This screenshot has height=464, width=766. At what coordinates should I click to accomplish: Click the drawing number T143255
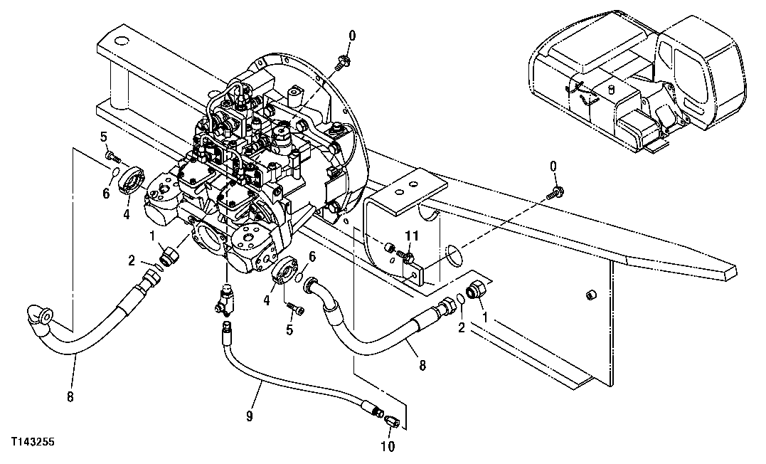pos(32,442)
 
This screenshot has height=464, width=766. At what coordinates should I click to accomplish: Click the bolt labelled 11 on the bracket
pos(408,253)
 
